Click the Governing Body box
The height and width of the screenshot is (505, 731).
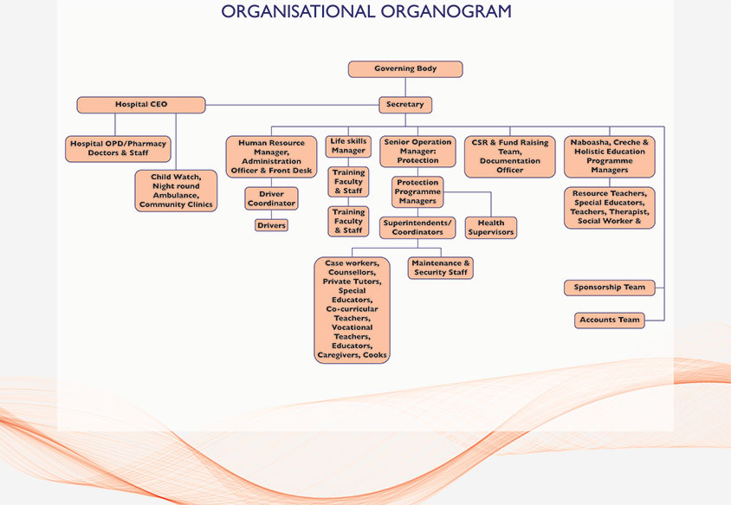[x=405, y=69]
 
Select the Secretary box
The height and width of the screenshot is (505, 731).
[x=405, y=105]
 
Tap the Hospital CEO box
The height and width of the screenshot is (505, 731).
[x=141, y=105]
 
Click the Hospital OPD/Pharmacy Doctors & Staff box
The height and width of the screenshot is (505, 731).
[x=118, y=149]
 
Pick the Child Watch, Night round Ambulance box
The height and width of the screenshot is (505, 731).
[x=176, y=191]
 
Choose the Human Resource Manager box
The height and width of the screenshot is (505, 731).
[x=271, y=157]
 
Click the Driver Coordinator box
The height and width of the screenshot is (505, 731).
[x=271, y=198]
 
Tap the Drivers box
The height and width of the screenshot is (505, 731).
[x=271, y=225]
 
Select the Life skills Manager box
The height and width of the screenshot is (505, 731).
[x=348, y=146]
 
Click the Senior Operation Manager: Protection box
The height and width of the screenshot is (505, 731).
[x=417, y=151]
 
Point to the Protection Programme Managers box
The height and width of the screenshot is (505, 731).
[x=417, y=191]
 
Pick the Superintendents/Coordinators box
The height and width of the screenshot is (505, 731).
[x=417, y=228]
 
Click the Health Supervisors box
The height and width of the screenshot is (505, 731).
[x=491, y=228]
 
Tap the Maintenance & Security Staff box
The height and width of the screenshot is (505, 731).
[x=441, y=269]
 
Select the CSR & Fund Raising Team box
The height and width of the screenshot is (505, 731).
[x=510, y=157]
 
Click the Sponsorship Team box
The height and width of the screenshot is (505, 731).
[x=610, y=288]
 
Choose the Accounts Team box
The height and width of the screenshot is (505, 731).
[x=610, y=320]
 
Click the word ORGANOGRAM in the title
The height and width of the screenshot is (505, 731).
[x=446, y=11]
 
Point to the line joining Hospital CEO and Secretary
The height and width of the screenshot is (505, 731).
[x=292, y=105]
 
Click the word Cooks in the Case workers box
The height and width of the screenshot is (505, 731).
[x=375, y=355]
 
